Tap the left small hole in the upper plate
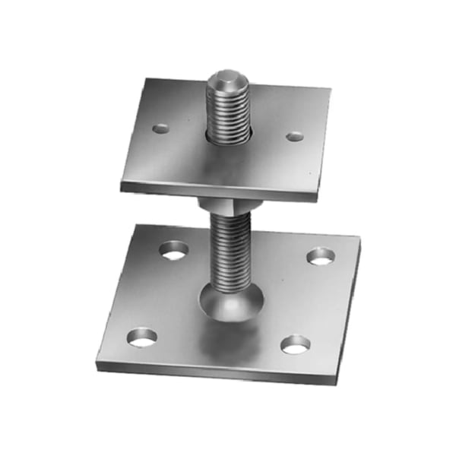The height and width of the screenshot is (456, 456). click(x=160, y=128)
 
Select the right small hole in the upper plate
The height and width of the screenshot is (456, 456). click(x=295, y=137)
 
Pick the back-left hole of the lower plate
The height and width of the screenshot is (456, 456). click(x=175, y=249)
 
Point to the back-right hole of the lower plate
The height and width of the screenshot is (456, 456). click(x=320, y=256)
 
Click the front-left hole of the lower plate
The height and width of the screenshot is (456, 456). click(x=141, y=337)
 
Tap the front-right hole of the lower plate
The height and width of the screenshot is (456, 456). click(x=295, y=345)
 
